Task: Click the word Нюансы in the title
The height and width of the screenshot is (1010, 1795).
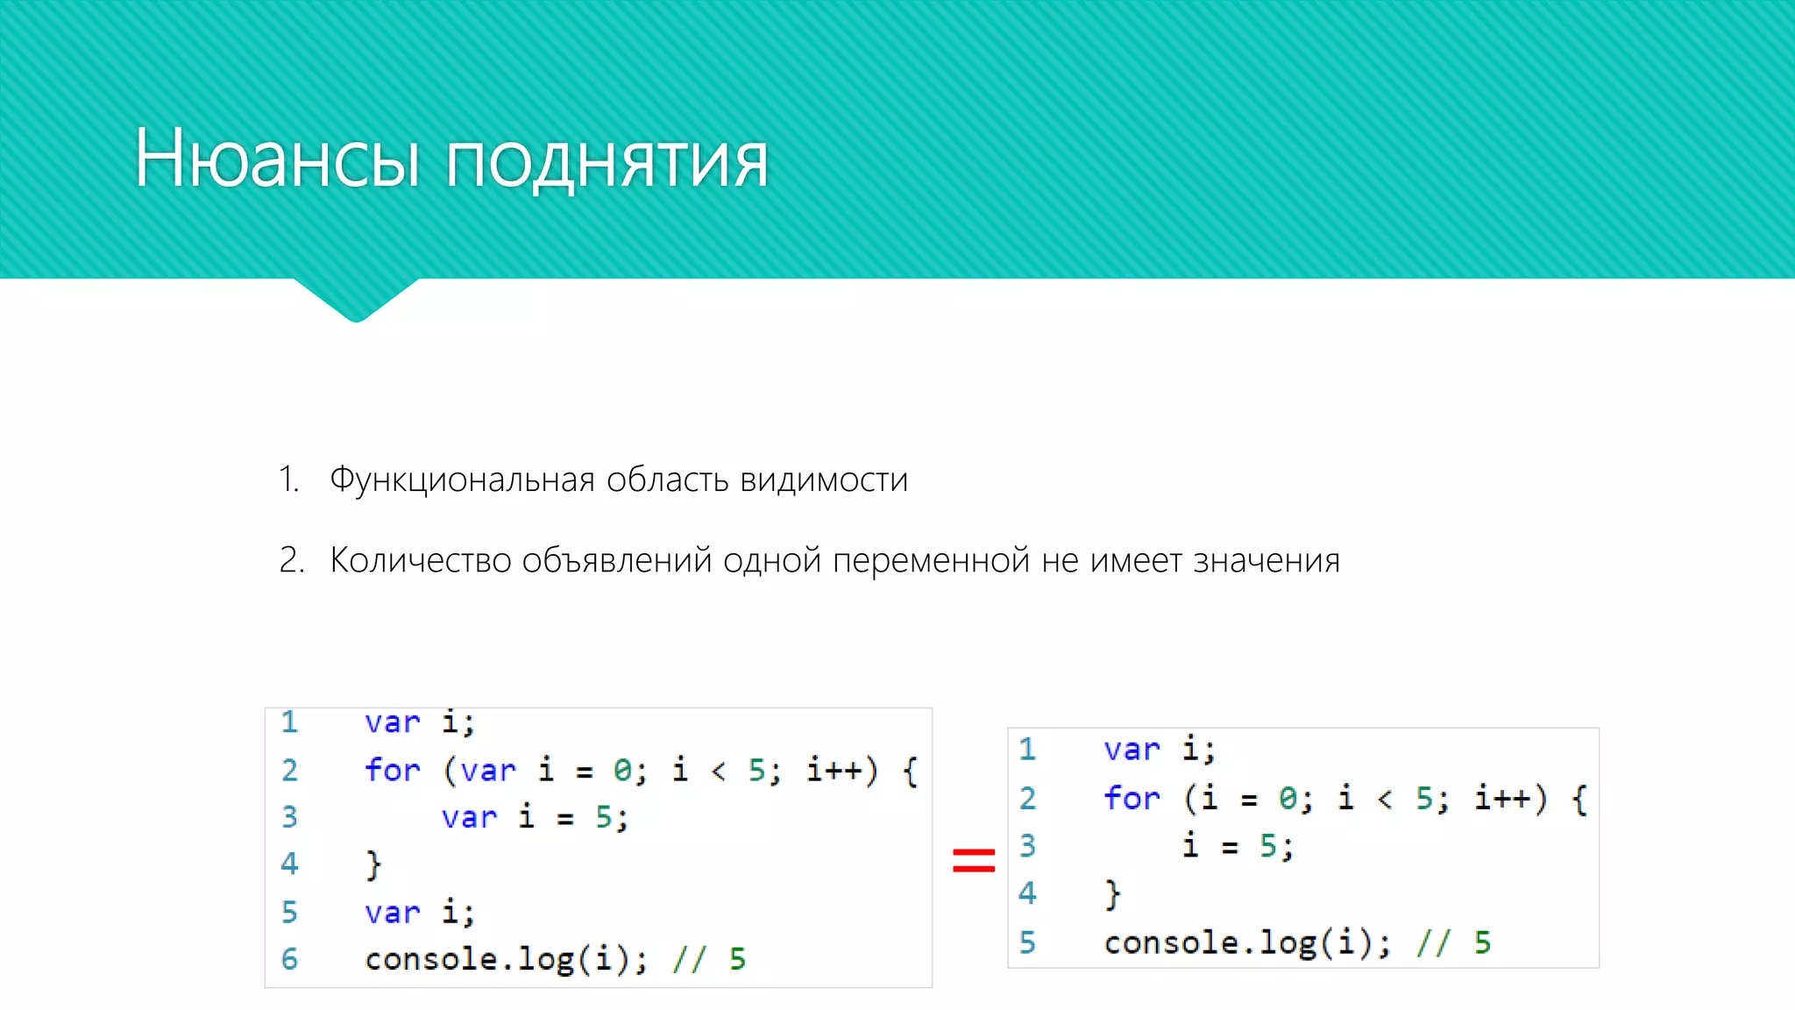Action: (x=276, y=159)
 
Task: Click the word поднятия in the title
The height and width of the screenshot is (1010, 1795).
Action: (x=607, y=161)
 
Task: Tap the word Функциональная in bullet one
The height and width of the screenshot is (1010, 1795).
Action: (x=462, y=480)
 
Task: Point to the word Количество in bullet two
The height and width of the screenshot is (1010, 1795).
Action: (x=420, y=560)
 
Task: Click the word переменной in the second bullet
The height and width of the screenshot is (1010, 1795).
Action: (x=931, y=561)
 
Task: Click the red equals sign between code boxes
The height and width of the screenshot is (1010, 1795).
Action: (x=974, y=860)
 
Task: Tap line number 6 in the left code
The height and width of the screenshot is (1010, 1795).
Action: (x=289, y=958)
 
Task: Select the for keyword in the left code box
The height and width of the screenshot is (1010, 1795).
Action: (x=392, y=770)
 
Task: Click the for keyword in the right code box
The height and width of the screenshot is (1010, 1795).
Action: (x=1131, y=798)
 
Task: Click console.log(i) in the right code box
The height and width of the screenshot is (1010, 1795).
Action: (x=1245, y=942)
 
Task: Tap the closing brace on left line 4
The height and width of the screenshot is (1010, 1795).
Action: (x=373, y=864)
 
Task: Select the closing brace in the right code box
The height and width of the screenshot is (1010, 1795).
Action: (x=1112, y=894)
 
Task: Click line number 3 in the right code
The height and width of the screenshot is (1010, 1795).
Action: (x=1027, y=845)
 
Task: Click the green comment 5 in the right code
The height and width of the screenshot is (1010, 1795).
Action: (x=1482, y=942)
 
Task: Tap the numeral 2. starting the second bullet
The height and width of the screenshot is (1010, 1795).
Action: (x=292, y=560)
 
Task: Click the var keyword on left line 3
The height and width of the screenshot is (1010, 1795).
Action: (x=468, y=817)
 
